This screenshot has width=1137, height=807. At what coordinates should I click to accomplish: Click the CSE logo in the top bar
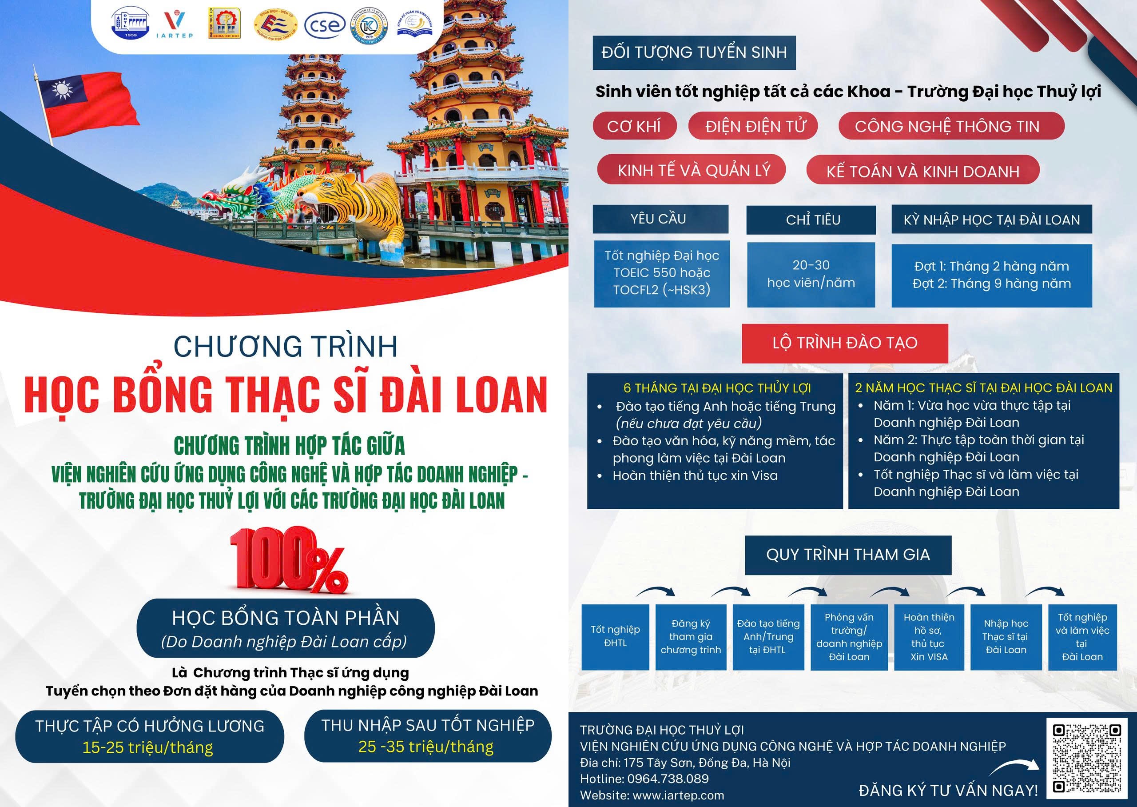pyautogui.click(x=324, y=25)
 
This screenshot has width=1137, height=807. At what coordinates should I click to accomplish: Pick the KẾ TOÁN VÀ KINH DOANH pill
pyautogui.click(x=922, y=172)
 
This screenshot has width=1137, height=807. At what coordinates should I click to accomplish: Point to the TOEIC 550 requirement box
pyautogui.click(x=662, y=273)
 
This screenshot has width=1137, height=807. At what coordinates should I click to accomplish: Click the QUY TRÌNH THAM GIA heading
pyautogui.click(x=847, y=555)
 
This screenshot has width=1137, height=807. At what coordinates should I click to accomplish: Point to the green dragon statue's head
pyautogui.click(x=219, y=199)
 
